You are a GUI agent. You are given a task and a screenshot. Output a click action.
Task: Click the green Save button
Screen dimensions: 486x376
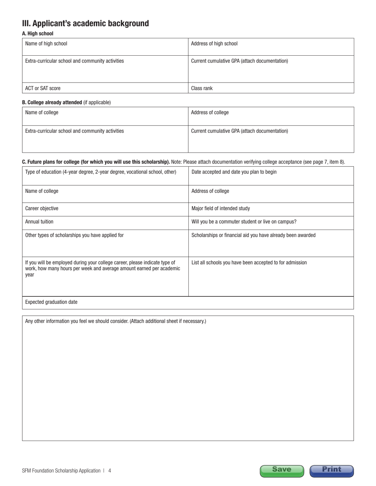(x=282, y=470)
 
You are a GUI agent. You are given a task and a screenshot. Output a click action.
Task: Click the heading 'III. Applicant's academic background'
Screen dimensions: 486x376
(x=85, y=23)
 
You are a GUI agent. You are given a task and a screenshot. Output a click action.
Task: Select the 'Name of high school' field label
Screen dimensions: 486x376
(x=46, y=44)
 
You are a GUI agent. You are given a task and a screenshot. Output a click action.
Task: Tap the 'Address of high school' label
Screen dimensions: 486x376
(x=214, y=44)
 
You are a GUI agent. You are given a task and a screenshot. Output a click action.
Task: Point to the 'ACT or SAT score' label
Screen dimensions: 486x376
(x=43, y=89)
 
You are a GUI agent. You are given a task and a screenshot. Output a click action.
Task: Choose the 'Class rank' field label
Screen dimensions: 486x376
(x=202, y=89)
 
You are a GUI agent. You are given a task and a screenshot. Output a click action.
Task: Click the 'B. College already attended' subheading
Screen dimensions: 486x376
(x=52, y=102)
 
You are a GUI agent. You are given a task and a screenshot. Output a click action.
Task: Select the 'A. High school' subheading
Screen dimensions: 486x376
(x=38, y=34)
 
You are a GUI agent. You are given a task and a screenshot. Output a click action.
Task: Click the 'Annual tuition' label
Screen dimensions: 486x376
(x=39, y=222)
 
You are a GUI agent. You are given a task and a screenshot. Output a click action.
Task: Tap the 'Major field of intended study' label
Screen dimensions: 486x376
(x=220, y=208)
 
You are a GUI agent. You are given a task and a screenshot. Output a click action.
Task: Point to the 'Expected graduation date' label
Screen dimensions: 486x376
(x=51, y=302)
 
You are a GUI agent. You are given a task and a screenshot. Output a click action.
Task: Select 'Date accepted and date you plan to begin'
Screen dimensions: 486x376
(x=234, y=172)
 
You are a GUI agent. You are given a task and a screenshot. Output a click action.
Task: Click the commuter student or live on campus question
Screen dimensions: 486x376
(x=244, y=222)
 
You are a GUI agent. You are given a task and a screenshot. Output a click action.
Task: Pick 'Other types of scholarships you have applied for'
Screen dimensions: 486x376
(x=74, y=235)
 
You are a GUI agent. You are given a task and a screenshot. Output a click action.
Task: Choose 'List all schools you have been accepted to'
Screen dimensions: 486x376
(x=249, y=262)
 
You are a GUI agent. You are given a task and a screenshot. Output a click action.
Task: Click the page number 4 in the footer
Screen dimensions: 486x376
(x=110, y=471)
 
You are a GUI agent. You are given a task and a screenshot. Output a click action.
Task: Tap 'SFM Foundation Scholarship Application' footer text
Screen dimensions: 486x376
(x=61, y=471)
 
